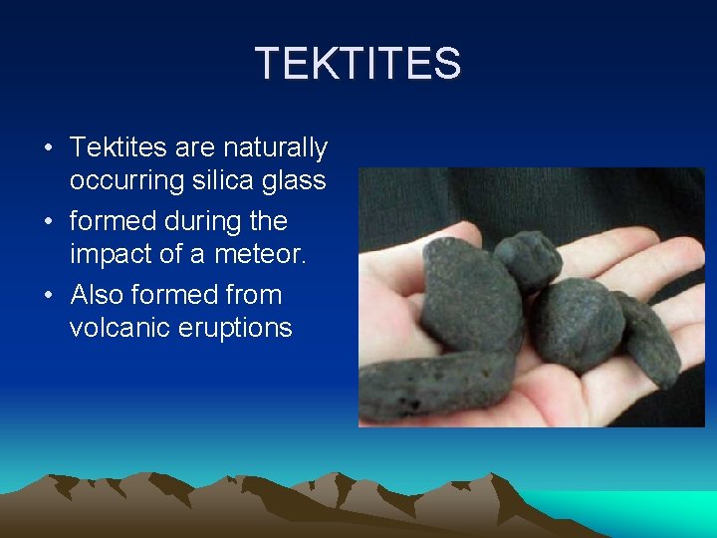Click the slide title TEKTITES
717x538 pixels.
(x=358, y=64)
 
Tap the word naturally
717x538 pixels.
(x=275, y=148)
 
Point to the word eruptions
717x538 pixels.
(x=241, y=328)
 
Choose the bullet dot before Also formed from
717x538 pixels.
(x=48, y=296)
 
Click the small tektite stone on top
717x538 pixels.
(x=527, y=259)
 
